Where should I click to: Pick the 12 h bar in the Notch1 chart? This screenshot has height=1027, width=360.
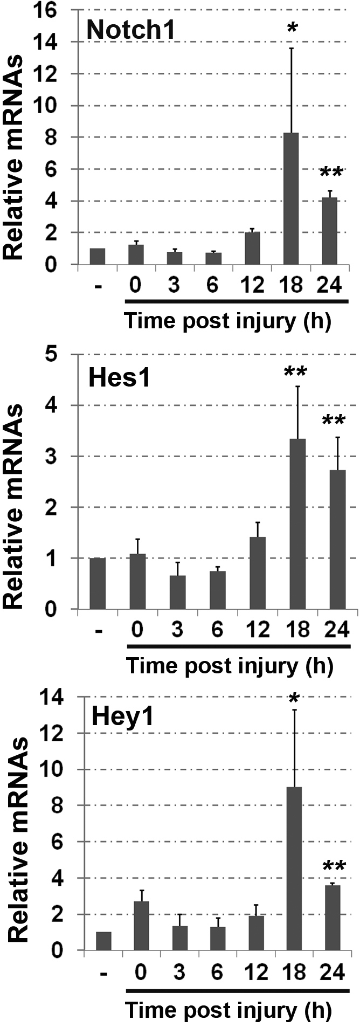pyautogui.click(x=252, y=249)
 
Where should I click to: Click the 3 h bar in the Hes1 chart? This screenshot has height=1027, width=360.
pyautogui.click(x=177, y=592)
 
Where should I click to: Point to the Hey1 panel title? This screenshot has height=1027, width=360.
pyautogui.click(x=123, y=719)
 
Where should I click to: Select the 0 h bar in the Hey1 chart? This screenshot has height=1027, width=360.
pyautogui.click(x=141, y=925)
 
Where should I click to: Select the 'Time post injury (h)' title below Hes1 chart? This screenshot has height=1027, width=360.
pyautogui.click(x=230, y=666)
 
